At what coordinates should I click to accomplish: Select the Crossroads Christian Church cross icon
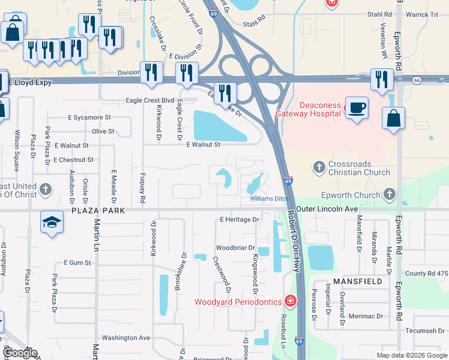click(x=319, y=166)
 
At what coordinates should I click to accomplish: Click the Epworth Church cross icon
click(x=390, y=194)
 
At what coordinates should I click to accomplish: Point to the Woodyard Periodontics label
click(x=238, y=301)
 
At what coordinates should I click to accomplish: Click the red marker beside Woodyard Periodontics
click(x=291, y=300)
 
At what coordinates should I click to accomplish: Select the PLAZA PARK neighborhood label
click(x=98, y=211)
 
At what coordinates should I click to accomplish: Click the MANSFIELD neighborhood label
click(x=351, y=281)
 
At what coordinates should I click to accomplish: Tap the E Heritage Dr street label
click(x=239, y=220)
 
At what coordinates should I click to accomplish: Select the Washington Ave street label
click(x=126, y=338)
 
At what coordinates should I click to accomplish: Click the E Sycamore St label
click(x=91, y=118)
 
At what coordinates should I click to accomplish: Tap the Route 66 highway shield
click(x=417, y=79)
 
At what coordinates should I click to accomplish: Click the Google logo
click(x=20, y=353)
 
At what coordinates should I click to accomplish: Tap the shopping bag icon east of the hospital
click(x=393, y=118)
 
